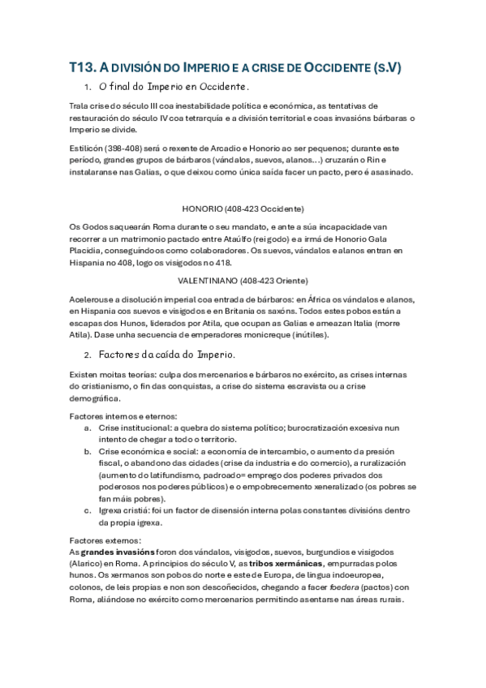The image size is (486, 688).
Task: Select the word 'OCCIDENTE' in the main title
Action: pyautogui.click(x=338, y=67)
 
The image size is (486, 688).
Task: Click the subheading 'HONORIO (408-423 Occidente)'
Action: pyautogui.click(x=243, y=209)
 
